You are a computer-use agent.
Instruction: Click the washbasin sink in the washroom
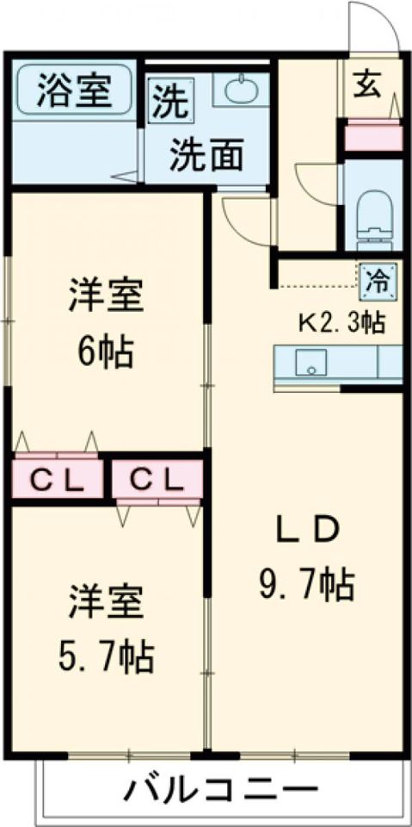click(x=242, y=89)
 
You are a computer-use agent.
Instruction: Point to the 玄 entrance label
click(x=366, y=87)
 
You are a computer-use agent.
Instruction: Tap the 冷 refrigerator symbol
click(x=378, y=278)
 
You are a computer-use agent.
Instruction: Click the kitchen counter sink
click(x=311, y=364)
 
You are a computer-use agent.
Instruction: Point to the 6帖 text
click(x=106, y=351)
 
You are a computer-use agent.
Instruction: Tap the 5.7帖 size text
click(x=106, y=657)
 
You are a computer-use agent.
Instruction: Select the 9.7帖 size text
click(x=306, y=587)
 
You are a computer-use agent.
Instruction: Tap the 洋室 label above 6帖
click(x=106, y=297)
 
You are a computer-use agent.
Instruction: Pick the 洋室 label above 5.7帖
click(x=106, y=602)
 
